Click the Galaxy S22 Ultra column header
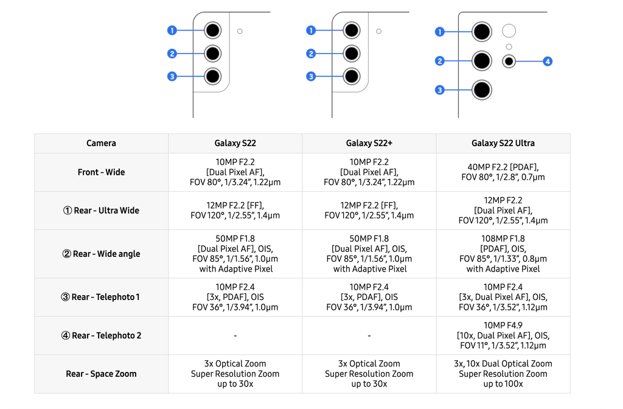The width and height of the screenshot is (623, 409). [x=503, y=143]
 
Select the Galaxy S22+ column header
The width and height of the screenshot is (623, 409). [x=369, y=143]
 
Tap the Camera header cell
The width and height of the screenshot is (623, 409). [x=101, y=143]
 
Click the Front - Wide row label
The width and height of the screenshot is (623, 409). [x=101, y=172]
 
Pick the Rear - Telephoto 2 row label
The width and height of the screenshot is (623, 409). [x=101, y=335]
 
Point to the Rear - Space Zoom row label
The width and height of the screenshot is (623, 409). [x=101, y=374]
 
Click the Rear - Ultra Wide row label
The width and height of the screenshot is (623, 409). [x=101, y=211]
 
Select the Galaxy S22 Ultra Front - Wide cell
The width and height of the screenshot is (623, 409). [x=503, y=172]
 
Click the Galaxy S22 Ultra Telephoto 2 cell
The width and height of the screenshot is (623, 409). [x=503, y=335]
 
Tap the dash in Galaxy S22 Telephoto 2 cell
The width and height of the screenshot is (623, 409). [x=235, y=336]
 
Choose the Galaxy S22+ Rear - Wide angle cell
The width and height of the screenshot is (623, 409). [x=369, y=254]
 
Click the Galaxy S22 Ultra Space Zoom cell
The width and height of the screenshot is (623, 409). [x=503, y=374]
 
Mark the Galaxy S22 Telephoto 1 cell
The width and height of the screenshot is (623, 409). [x=235, y=297]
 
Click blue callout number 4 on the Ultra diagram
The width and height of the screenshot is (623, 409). [x=548, y=61]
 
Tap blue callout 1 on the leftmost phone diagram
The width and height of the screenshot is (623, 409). [x=172, y=30]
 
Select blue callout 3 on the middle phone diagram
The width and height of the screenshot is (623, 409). [x=311, y=77]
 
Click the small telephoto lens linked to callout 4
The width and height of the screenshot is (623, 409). [x=509, y=61]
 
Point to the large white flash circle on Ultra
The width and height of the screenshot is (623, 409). [x=509, y=31]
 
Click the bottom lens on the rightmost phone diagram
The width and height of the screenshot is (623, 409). [x=482, y=90]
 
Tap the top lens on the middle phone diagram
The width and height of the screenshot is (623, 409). [x=351, y=30]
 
